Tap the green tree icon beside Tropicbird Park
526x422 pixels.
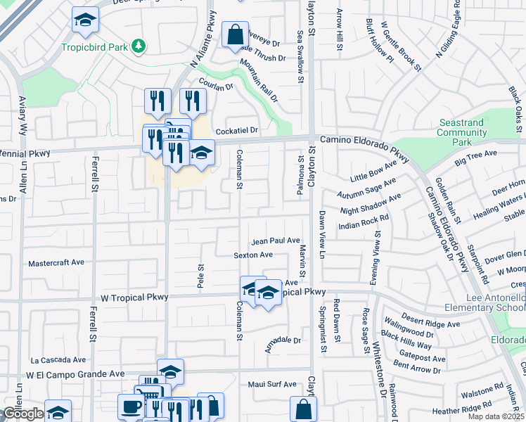pyautogui.click(x=140, y=46)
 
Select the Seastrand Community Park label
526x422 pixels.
pyautogui.click(x=461, y=132)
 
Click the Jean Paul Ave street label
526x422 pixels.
pyautogui.click(x=276, y=241)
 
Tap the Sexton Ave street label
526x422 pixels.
pyautogui.click(x=253, y=255)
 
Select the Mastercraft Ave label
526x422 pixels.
pyautogui.click(x=56, y=262)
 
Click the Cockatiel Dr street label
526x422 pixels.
pyautogui.click(x=237, y=131)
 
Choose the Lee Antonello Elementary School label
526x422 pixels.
pyautogui.click(x=485, y=302)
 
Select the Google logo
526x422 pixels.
pyautogui.click(x=23, y=414)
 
